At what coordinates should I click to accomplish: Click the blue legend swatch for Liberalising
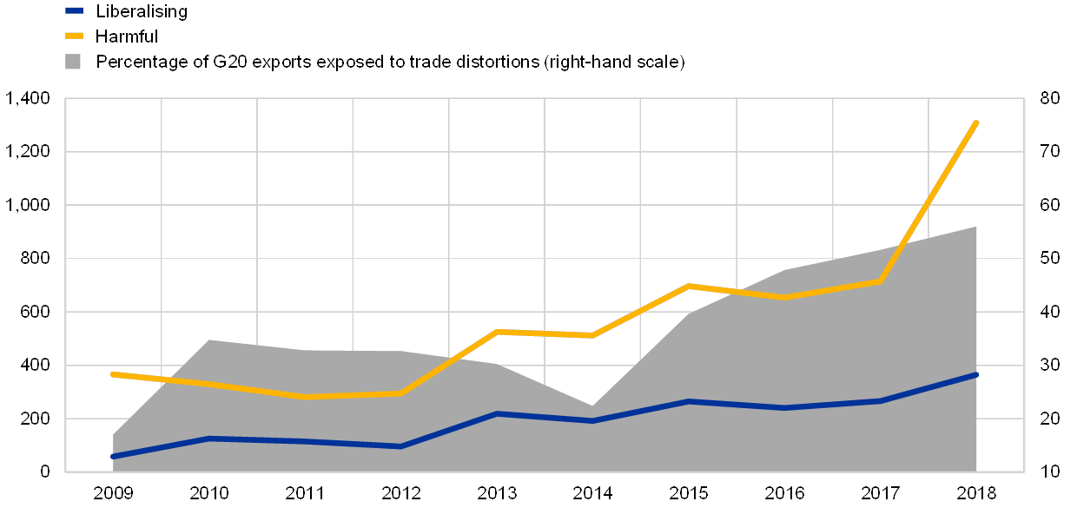click(x=75, y=11)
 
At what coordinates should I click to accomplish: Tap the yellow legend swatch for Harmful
click(x=75, y=36)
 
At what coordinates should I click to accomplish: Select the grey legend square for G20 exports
click(x=75, y=62)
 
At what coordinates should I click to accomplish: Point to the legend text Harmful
click(x=129, y=36)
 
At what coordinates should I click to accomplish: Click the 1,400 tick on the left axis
click(x=29, y=99)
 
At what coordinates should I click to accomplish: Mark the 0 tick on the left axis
click(x=46, y=472)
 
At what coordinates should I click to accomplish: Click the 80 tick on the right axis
click(x=1050, y=99)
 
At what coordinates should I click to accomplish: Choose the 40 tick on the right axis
click(x=1050, y=312)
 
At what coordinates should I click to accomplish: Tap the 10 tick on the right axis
click(x=1050, y=472)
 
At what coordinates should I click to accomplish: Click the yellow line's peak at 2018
click(x=977, y=122)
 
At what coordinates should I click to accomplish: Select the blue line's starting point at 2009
click(x=113, y=457)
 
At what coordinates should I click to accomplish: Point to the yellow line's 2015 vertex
click(x=689, y=286)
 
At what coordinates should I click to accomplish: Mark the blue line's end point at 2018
click(x=977, y=374)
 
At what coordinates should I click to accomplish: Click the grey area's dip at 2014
click(x=593, y=406)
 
